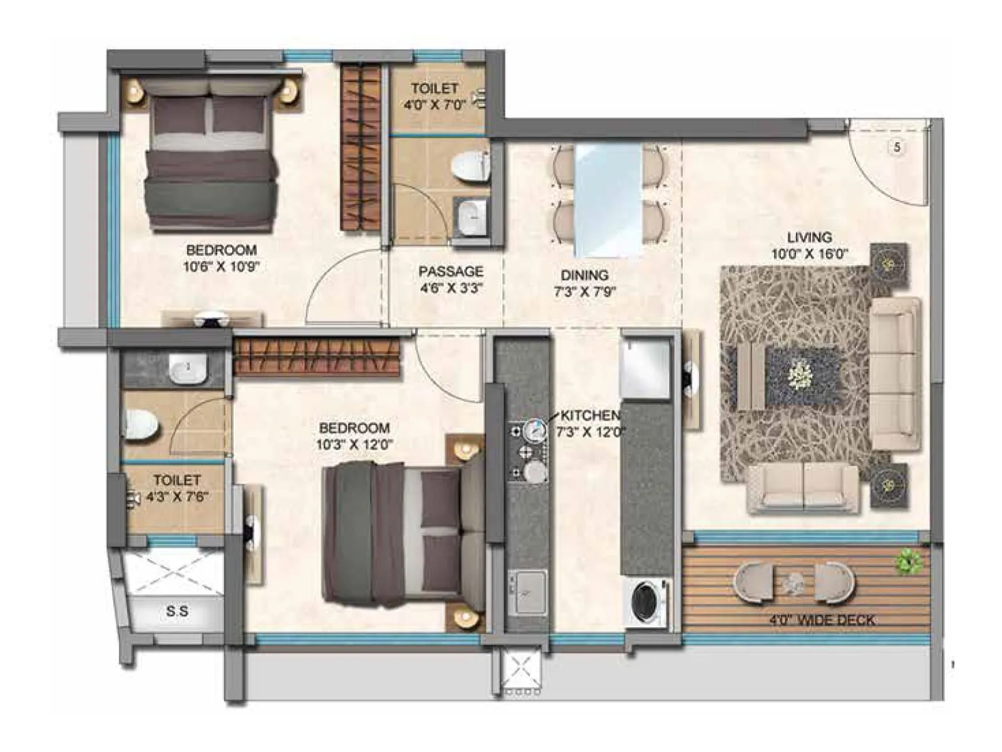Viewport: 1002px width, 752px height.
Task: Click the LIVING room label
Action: click(x=809, y=238)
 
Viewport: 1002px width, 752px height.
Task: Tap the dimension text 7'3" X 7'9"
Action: click(x=585, y=291)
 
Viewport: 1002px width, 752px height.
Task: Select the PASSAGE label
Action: click(x=451, y=271)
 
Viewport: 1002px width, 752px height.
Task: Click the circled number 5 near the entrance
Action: click(x=897, y=147)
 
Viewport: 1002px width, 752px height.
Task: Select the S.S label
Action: click(x=177, y=610)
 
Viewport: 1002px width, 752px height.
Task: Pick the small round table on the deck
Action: click(x=794, y=582)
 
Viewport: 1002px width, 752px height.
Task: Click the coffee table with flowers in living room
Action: click(x=800, y=377)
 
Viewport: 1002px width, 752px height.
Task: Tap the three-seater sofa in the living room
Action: click(x=896, y=373)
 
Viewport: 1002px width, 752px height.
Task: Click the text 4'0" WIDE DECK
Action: click(x=822, y=620)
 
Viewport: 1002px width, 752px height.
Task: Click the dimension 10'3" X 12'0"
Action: click(x=354, y=445)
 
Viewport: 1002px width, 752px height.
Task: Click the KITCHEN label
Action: click(x=590, y=415)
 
